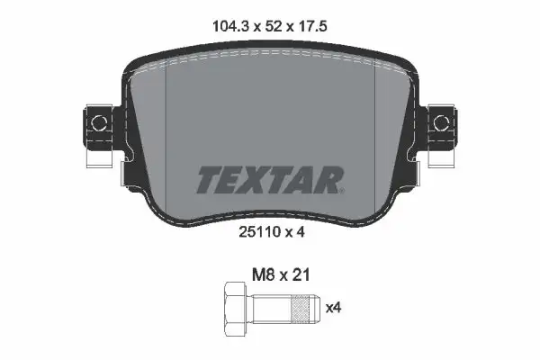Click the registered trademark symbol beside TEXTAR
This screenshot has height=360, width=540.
(x=342, y=191)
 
